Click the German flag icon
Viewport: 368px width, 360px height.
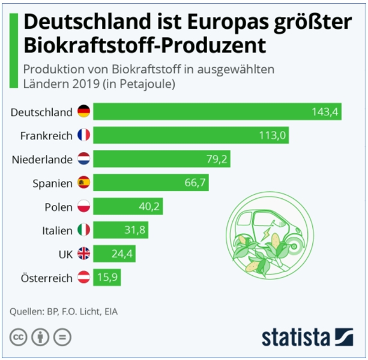pyautogui.click(x=83, y=112)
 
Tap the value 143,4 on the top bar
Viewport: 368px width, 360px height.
pyautogui.click(x=325, y=112)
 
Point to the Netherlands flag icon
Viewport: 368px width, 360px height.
pyautogui.click(x=83, y=159)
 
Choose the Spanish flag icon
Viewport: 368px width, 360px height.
pyautogui.click(x=83, y=183)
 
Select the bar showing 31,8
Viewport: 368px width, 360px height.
pyautogui.click(x=120, y=230)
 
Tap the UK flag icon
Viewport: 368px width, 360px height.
pyautogui.click(x=83, y=254)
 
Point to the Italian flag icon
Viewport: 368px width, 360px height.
pyautogui.click(x=83, y=230)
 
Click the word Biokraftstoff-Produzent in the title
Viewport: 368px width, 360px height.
pyautogui.click(x=145, y=44)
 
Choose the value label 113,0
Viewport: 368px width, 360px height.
pyautogui.click(x=272, y=135)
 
